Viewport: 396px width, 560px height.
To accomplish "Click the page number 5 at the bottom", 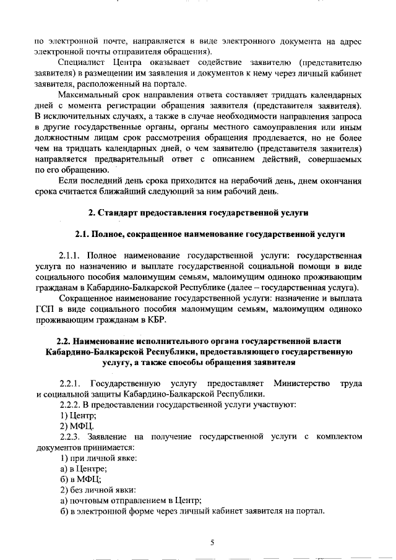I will tap(212, 543).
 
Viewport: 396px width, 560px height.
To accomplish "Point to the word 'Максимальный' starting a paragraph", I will tap(86, 95).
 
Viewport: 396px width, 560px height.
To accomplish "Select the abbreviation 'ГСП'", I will tap(45, 308).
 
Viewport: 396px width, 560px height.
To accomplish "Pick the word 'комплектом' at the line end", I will tap(338, 436).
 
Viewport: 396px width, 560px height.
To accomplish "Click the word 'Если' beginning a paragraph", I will tap(66, 180).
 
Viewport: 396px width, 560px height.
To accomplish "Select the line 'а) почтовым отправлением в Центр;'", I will tap(131, 501).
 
